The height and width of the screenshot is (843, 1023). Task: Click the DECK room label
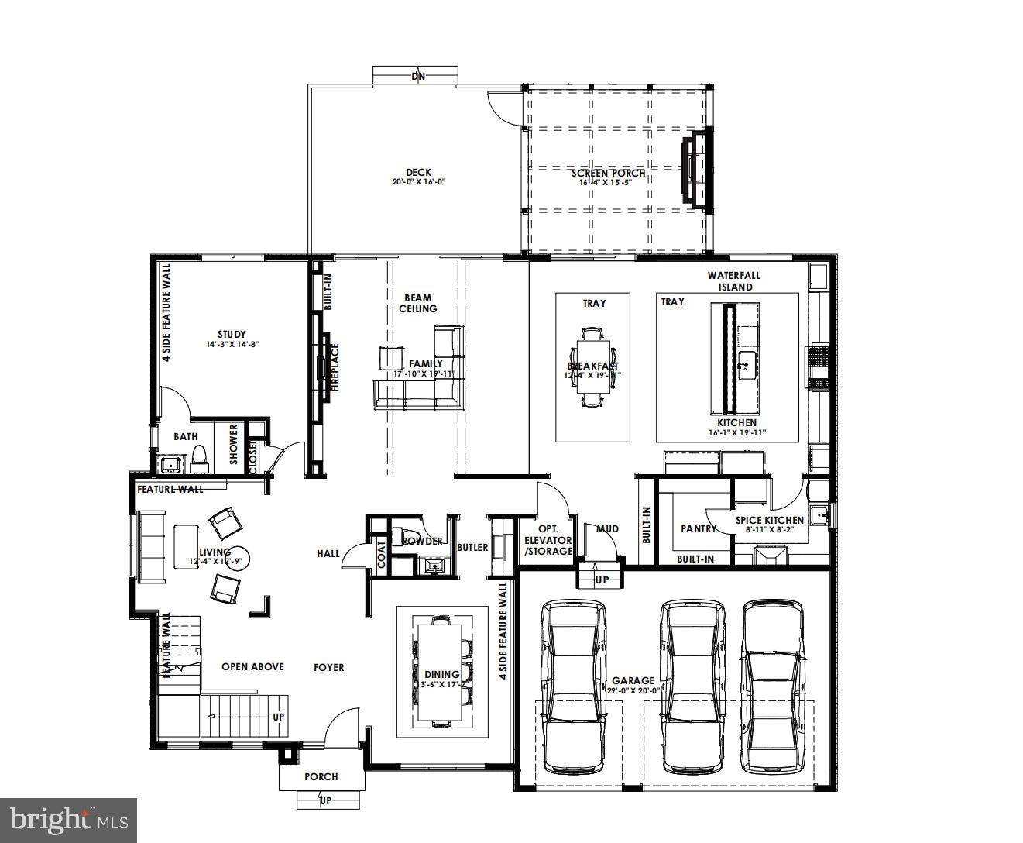coord(418,173)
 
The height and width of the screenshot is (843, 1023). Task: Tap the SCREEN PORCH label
coord(608,173)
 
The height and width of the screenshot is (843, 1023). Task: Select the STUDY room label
coord(231,335)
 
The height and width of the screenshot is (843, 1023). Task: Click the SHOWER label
coord(233,445)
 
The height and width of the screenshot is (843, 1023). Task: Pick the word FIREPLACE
coord(336,368)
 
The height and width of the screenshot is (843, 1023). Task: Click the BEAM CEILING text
coord(417,303)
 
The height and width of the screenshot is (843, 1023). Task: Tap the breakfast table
coord(592,366)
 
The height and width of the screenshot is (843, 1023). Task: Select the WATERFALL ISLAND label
coord(733,280)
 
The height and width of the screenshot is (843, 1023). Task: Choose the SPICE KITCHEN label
coord(769,520)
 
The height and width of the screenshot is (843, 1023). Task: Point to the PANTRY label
coord(698,528)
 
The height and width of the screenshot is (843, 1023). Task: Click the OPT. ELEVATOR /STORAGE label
coord(548,540)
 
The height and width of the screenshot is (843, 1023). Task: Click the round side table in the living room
coord(236,560)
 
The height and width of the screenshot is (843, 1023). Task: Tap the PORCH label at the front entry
coord(321,776)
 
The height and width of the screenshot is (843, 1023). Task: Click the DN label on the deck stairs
coord(417,76)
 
